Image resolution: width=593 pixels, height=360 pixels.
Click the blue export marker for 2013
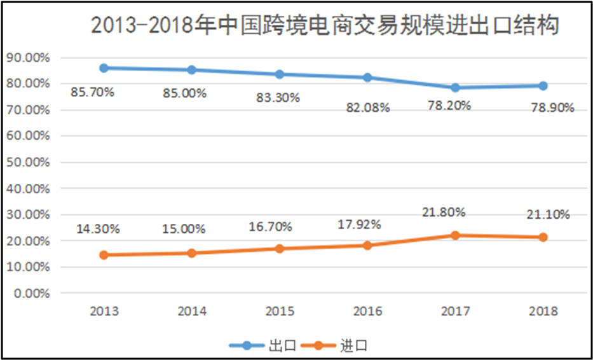[x=104, y=68]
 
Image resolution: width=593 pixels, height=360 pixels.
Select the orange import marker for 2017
[x=455, y=235]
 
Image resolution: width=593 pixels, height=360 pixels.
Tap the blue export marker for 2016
[x=367, y=78]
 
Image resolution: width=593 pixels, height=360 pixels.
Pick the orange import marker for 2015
[x=280, y=248]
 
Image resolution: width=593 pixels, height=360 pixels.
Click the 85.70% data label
[x=93, y=92]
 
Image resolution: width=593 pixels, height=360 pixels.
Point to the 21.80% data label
[x=444, y=212]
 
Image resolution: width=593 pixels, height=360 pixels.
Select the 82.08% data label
[x=368, y=107]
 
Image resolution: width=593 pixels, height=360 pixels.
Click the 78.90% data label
[x=552, y=107]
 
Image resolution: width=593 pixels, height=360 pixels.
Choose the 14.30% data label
[x=99, y=228]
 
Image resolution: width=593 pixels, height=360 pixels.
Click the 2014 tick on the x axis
[x=192, y=311]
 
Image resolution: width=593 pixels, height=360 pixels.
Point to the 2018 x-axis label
[x=543, y=311]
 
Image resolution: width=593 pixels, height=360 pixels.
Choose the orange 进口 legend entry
[x=336, y=346]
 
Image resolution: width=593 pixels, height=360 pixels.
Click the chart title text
[x=325, y=26]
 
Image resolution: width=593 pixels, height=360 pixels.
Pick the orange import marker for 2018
[x=543, y=237]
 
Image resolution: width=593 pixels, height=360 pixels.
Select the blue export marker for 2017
[x=455, y=88]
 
